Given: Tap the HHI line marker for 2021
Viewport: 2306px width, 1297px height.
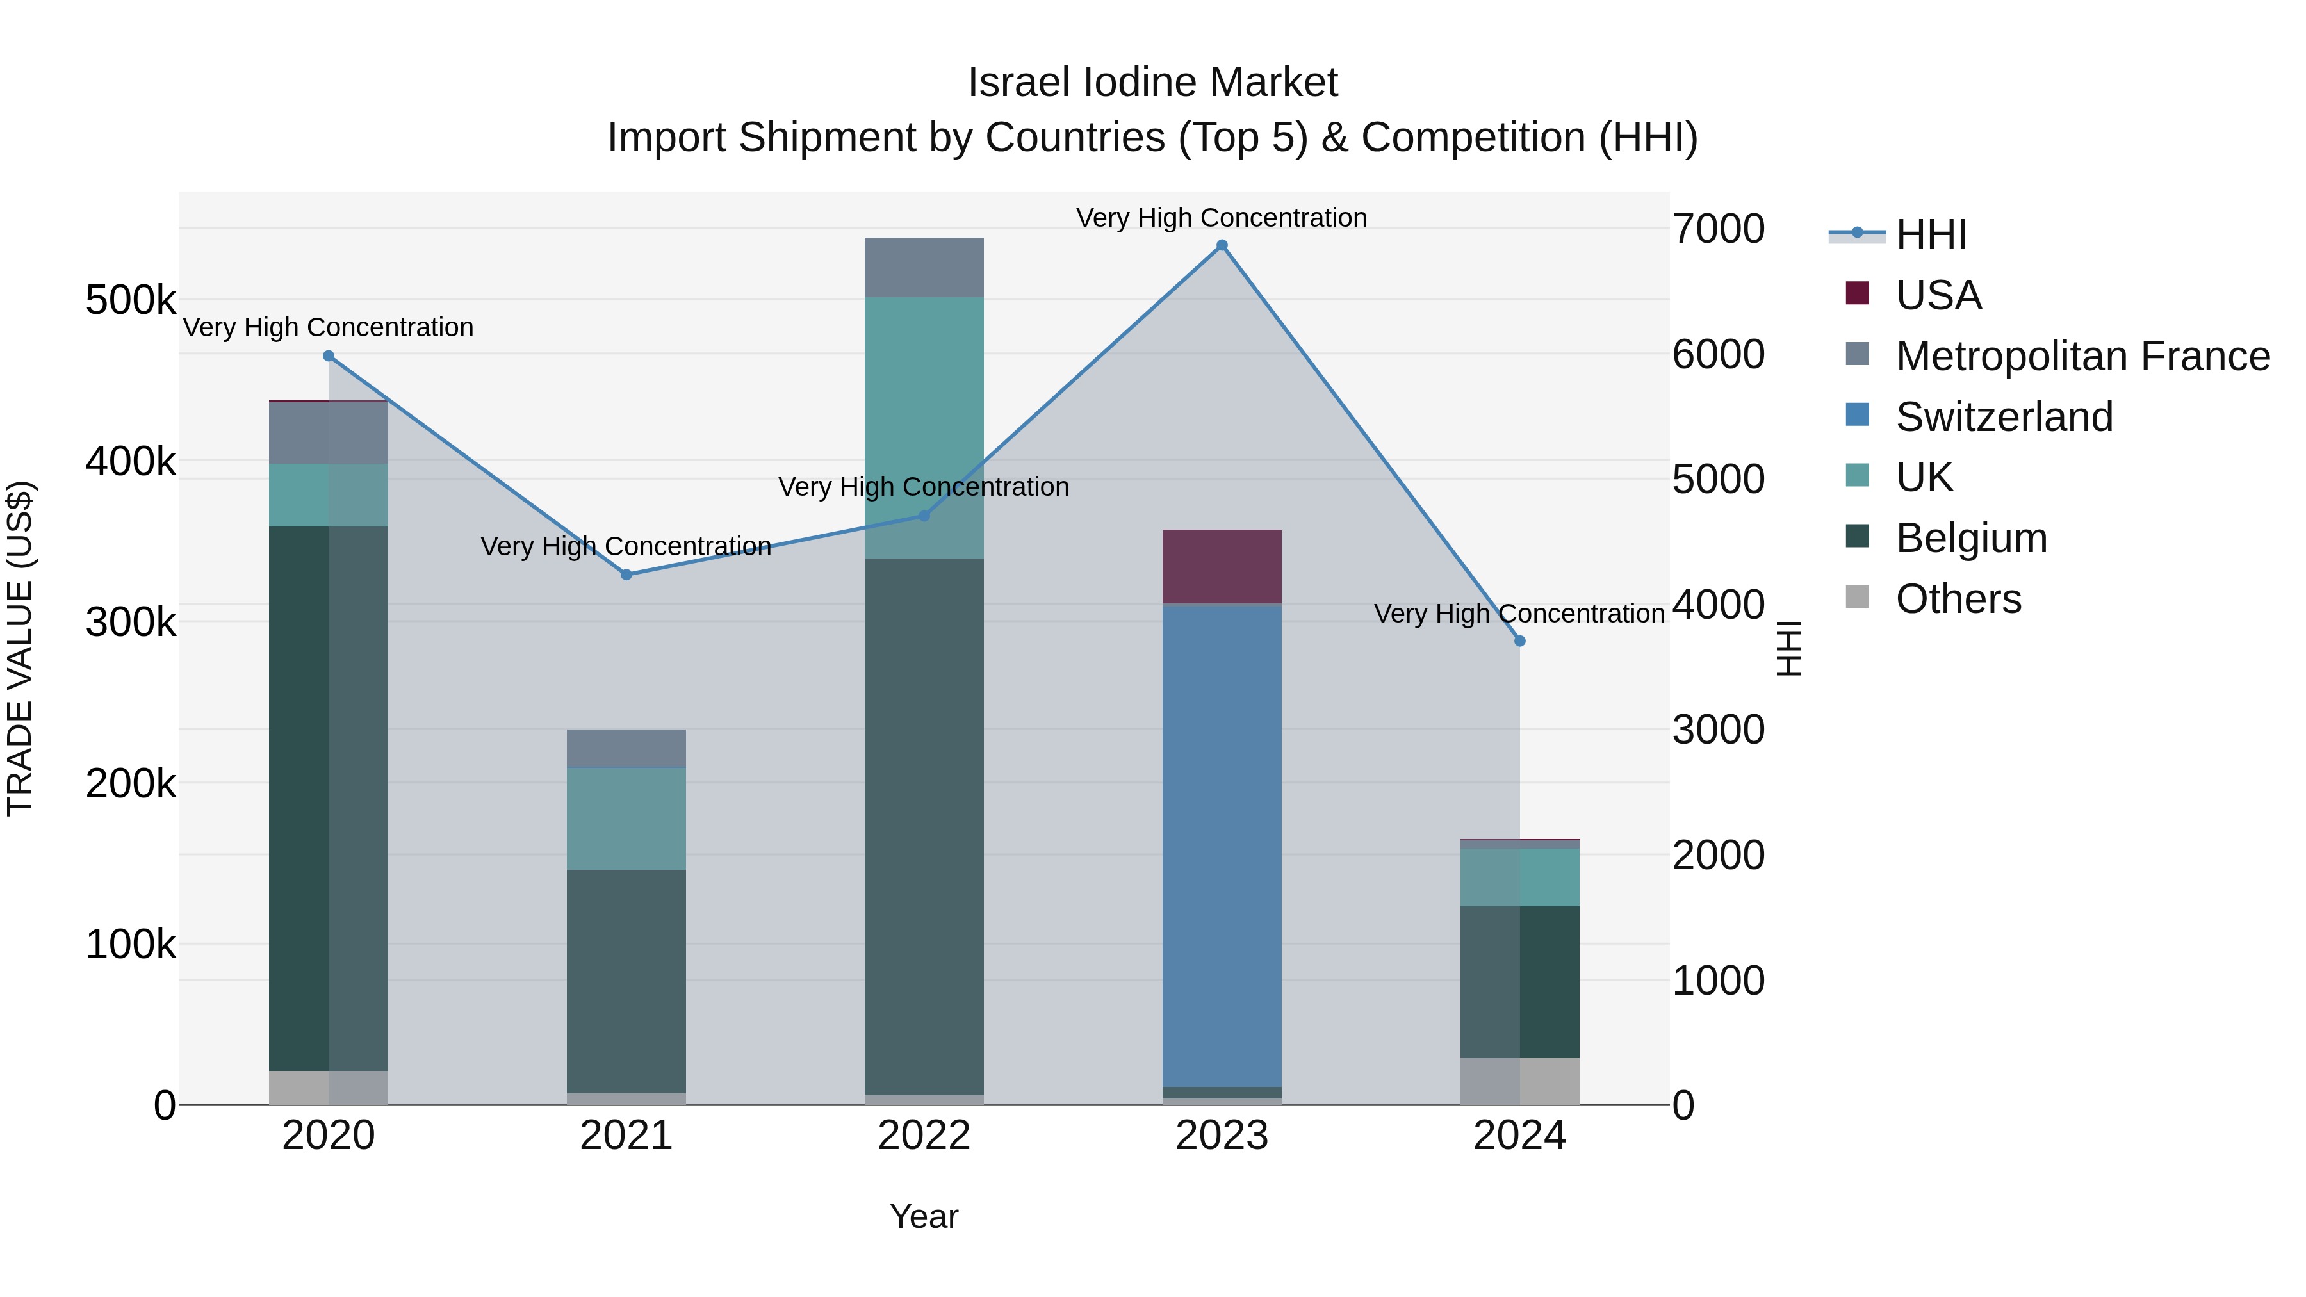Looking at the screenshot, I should [626, 575].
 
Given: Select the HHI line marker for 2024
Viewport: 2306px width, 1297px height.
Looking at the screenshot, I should [1519, 641].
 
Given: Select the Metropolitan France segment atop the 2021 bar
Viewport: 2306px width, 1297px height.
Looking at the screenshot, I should [626, 748].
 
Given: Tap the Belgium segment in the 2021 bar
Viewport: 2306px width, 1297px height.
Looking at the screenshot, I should [626, 980].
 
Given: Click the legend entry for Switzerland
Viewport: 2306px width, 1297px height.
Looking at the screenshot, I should [2004, 417].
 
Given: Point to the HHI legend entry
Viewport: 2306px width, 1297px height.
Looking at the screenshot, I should [1930, 234].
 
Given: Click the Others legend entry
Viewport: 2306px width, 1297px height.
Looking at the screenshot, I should [1958, 599].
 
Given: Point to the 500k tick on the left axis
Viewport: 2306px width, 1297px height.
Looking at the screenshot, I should [131, 301].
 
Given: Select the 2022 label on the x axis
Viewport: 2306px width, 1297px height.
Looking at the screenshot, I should [924, 1136].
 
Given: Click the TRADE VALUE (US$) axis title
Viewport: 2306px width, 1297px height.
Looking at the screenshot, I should [20, 648].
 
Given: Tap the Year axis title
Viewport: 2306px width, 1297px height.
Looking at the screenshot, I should [924, 1216].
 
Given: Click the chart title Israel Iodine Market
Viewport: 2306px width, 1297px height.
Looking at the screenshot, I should [1152, 83].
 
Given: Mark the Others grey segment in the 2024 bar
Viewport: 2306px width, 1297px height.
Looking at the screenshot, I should [1519, 1081].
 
